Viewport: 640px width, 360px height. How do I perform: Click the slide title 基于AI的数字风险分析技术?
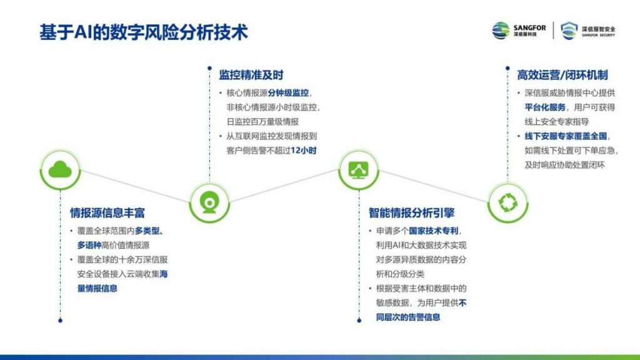(x=144, y=32)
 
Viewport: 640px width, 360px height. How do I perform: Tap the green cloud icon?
(x=60, y=170)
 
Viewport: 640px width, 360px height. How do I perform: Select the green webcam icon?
(x=209, y=203)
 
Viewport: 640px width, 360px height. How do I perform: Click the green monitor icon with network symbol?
(x=359, y=170)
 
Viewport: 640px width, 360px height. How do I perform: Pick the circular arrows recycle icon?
(x=507, y=203)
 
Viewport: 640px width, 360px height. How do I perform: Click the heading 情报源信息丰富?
(x=107, y=212)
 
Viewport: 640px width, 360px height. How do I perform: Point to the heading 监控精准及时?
(x=251, y=75)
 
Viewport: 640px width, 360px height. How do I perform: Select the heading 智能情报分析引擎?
(x=411, y=212)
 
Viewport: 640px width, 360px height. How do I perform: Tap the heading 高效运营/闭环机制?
(x=562, y=75)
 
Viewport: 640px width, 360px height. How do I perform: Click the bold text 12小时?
(x=304, y=151)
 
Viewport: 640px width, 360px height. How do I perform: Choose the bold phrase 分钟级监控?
(x=288, y=93)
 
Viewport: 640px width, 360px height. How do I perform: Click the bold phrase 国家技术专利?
(x=434, y=231)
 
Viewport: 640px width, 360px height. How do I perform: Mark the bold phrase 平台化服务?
(x=545, y=107)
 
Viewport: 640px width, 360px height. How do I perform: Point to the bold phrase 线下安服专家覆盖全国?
(x=566, y=136)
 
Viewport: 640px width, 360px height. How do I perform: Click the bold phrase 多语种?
(x=89, y=245)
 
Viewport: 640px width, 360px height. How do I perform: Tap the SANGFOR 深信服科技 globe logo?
(x=519, y=31)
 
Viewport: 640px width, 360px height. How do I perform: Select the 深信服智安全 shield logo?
(x=587, y=31)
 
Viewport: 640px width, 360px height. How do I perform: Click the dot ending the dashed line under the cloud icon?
(x=61, y=321)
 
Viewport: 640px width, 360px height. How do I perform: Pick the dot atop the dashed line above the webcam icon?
(x=209, y=68)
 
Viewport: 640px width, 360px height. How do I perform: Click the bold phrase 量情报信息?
(x=97, y=289)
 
